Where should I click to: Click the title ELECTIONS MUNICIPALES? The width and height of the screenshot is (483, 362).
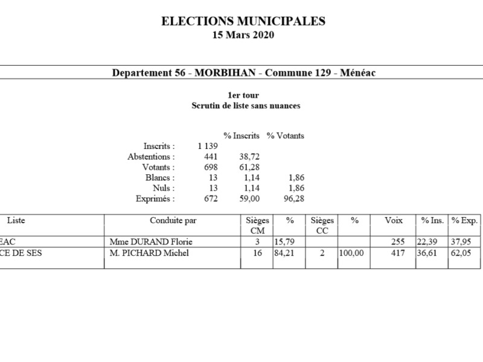pos(243,21)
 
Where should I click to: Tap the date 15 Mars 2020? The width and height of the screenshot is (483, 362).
pos(243,35)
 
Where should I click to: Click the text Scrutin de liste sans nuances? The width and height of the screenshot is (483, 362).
pos(246,105)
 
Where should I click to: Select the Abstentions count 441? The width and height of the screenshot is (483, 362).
pos(211,156)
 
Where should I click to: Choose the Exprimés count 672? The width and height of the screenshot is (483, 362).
pos(211,198)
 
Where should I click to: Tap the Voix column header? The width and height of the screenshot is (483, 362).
pos(394,221)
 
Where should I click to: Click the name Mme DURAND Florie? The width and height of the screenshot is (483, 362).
pos(142,242)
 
